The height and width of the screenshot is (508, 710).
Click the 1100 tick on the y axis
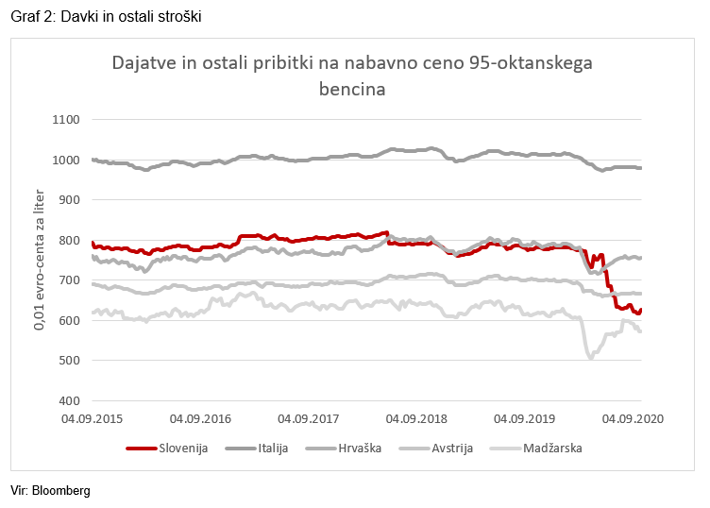coord(69,120)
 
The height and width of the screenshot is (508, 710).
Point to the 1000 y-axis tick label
coord(69,161)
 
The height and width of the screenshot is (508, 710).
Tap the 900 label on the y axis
coord(73,200)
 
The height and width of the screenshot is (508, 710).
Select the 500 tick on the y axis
coord(73,361)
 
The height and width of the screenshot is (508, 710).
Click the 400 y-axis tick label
coord(73,401)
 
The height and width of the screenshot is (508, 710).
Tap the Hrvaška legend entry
coord(359,448)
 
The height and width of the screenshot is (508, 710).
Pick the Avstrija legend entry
coord(452,448)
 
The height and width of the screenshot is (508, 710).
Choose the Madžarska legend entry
coord(552,448)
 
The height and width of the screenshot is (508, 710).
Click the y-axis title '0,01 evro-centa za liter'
coord(41,259)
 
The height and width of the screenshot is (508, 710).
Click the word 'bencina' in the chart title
coord(352,89)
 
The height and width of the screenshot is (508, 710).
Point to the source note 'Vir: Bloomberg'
coord(50,491)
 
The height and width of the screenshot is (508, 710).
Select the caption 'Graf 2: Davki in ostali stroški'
coord(106,17)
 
